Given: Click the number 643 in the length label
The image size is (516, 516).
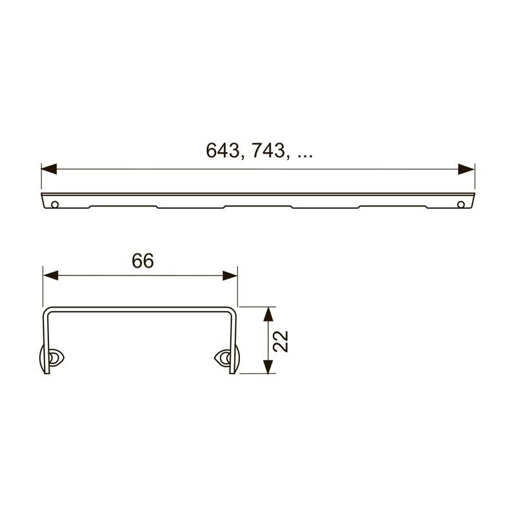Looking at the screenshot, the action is (x=222, y=151).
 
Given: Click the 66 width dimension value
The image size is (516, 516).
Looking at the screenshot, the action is (x=143, y=261).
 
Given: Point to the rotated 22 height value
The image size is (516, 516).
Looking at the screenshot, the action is (x=281, y=341).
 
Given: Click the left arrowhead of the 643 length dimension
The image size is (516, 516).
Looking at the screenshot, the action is (x=49, y=169).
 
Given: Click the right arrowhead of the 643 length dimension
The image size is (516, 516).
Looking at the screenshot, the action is (x=466, y=169).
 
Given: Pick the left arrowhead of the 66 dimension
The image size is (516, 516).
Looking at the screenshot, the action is (x=51, y=276).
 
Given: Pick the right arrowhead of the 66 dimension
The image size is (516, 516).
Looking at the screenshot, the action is (x=230, y=276).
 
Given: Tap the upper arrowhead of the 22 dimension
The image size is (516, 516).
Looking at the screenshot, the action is (x=268, y=314).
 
